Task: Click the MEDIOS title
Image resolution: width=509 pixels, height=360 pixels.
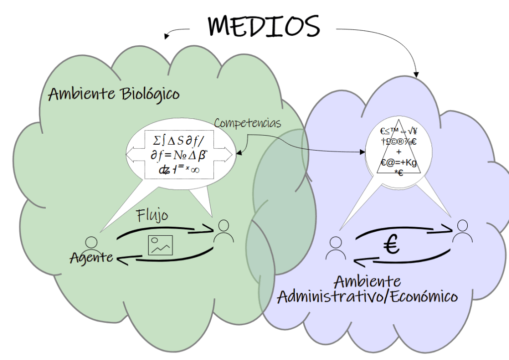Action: pos(264,25)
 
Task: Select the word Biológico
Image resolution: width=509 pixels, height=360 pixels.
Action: pos(150,94)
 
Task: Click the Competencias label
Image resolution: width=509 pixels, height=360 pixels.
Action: pos(248,123)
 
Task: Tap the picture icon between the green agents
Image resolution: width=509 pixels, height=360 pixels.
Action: pos(161,245)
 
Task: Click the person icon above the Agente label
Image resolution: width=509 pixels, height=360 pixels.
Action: pos(91,244)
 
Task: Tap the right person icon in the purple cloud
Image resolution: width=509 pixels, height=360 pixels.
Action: pos(462,231)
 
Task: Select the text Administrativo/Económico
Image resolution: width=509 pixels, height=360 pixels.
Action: pos(367,297)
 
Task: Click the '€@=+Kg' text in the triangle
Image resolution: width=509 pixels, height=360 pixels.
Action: pos(399,162)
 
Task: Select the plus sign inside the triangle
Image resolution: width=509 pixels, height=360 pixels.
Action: pos(399,152)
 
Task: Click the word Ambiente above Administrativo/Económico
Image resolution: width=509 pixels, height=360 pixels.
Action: pos(367,281)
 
